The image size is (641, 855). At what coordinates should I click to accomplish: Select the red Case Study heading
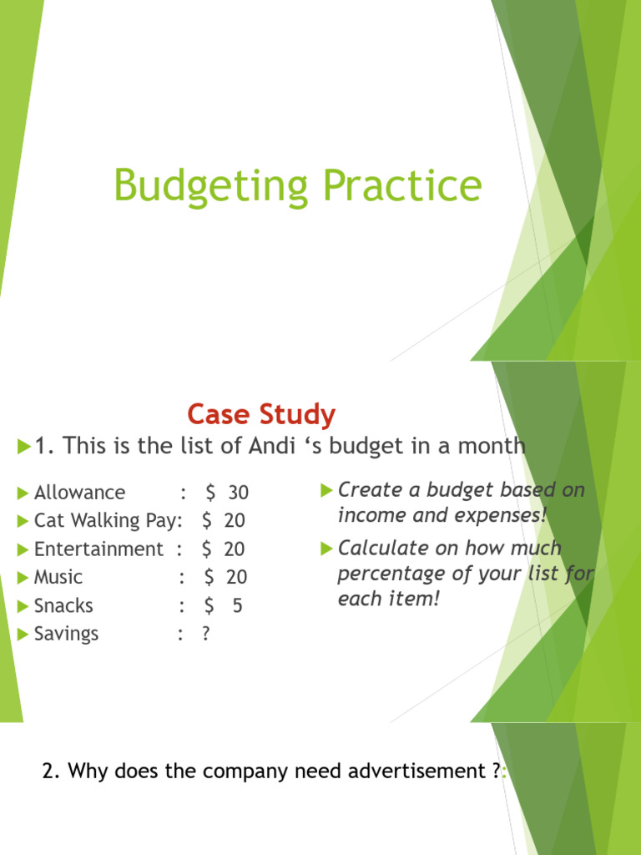click(x=261, y=414)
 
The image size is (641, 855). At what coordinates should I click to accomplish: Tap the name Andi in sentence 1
click(x=269, y=446)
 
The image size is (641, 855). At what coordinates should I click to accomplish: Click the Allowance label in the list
click(x=79, y=493)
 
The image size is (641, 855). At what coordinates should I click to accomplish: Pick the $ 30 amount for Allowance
click(x=227, y=493)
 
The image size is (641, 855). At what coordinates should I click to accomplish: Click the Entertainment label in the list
click(x=98, y=549)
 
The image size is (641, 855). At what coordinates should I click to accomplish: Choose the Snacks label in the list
click(x=63, y=605)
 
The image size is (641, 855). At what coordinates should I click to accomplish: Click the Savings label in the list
click(x=66, y=634)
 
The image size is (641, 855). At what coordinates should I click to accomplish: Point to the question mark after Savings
click(x=205, y=634)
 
